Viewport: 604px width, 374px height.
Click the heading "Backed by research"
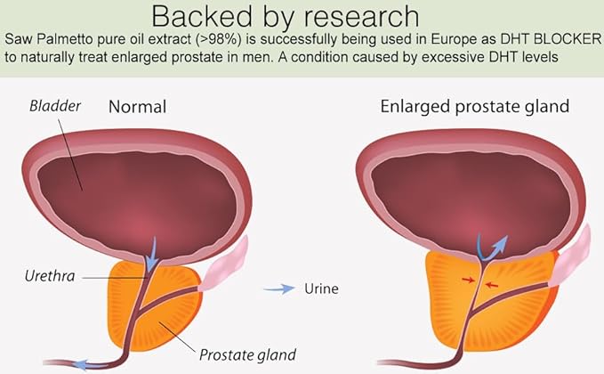286,17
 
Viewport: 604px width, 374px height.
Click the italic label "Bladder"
55,106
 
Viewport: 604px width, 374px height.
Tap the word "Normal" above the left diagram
138,107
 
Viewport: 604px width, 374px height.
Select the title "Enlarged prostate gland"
475,107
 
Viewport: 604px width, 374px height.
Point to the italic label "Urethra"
50,276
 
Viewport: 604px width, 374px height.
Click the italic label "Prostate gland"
247,354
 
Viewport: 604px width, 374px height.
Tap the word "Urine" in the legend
321,289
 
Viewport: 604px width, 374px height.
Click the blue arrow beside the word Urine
279,289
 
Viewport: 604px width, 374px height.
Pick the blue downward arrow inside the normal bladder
152,255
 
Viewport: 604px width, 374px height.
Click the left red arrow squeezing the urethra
469,280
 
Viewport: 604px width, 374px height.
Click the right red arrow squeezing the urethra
492,285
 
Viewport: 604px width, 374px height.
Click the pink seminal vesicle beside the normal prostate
224,264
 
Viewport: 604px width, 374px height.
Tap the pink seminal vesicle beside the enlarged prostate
570,256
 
